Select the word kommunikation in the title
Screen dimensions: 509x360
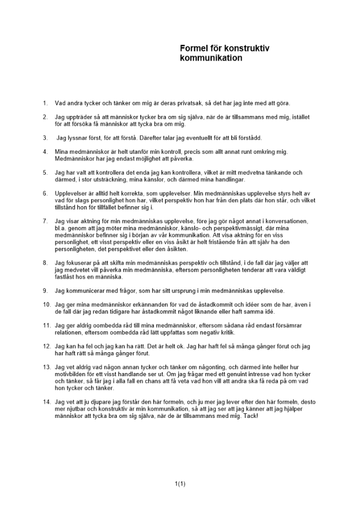pyautogui.click(x=211, y=58)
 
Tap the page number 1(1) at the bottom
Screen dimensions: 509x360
pyautogui.click(x=180, y=484)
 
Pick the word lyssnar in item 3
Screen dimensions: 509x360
pyautogui.click(x=78, y=137)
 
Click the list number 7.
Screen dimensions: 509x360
pyautogui.click(x=45, y=221)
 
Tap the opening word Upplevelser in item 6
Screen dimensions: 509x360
pyautogui.click(x=71, y=193)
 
